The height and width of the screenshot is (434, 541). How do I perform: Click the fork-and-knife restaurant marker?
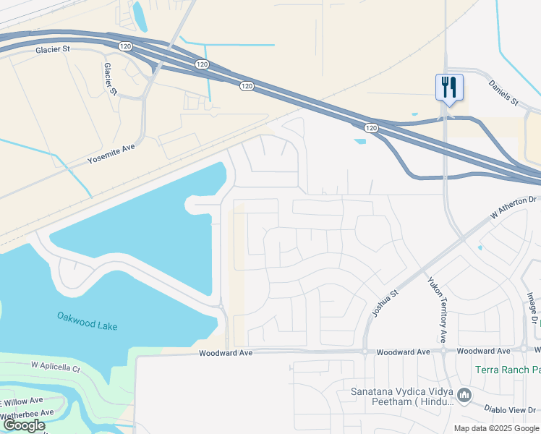point(448,88)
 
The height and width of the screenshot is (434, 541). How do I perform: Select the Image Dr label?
point(532,307)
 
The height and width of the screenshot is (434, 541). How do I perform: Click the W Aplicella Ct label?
point(55,367)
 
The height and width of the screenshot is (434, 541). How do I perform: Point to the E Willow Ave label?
point(22,401)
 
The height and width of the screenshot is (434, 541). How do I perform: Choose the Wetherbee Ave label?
point(27,414)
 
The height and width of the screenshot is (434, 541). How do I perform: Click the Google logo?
point(25,425)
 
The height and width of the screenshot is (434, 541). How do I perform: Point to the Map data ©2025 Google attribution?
point(496,428)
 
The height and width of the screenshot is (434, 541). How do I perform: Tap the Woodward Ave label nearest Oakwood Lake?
point(226,353)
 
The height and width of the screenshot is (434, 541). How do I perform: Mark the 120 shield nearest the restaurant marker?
point(370,128)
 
